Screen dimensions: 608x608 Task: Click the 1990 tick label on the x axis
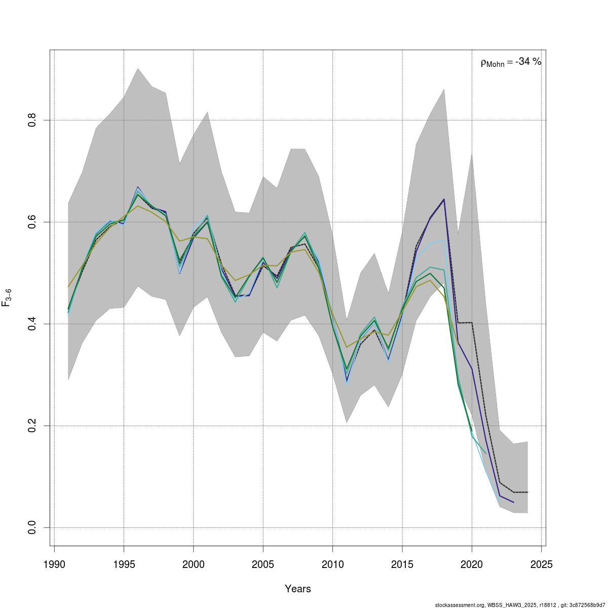54,564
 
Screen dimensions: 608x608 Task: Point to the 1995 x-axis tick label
124,564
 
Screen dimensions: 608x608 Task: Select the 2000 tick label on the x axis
193,564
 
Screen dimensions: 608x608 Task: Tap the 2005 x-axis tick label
263,564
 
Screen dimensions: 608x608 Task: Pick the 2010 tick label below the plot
332,564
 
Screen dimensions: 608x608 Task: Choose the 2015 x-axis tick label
402,564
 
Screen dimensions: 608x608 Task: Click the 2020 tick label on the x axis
472,564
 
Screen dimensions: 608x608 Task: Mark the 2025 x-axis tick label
541,564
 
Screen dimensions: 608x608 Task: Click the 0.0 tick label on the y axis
32,527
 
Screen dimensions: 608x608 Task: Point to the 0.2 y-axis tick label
32,426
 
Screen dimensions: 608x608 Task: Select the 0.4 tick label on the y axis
32,324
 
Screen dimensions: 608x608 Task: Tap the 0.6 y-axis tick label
32,222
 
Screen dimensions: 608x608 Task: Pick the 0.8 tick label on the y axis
32,120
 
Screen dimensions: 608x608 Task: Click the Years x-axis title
298,589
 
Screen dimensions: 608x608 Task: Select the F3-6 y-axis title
7,297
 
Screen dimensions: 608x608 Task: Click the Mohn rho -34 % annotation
511,62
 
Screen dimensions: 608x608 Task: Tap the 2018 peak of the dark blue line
444,199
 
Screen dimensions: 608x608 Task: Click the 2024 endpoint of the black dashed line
527,492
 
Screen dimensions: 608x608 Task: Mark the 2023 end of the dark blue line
514,503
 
